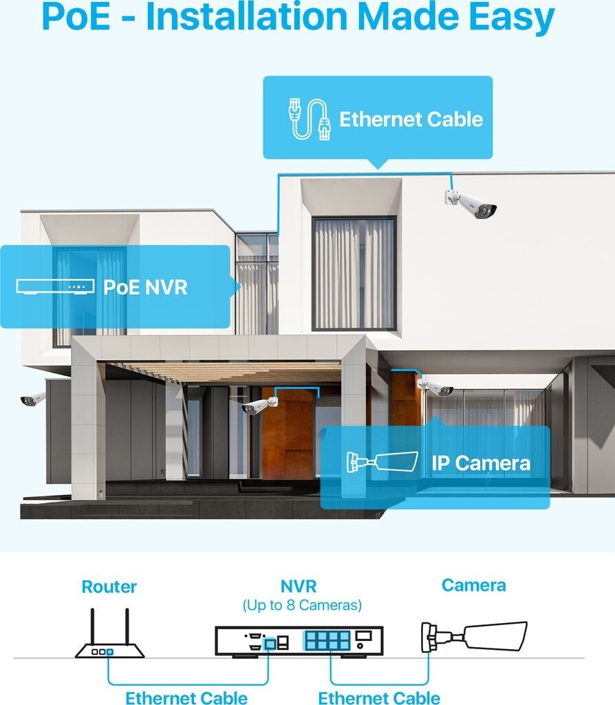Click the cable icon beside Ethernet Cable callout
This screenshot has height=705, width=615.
[308, 119]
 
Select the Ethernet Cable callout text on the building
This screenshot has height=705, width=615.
[411, 119]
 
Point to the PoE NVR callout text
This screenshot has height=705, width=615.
[145, 286]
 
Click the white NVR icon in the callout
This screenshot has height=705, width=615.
[55, 286]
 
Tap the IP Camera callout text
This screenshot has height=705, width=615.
[481, 463]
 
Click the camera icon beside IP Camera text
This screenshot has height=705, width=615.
[382, 462]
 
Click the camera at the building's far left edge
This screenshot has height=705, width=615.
[32, 399]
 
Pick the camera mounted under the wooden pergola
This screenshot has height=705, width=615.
[259, 406]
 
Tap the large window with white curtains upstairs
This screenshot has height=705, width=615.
[354, 273]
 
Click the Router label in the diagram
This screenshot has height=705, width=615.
[109, 587]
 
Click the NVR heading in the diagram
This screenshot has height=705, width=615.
[299, 587]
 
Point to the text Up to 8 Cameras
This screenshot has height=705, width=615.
[302, 606]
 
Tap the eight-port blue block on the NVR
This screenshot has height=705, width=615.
[327, 641]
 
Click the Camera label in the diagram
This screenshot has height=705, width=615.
[474, 585]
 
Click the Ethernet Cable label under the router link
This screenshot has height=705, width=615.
[186, 697]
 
